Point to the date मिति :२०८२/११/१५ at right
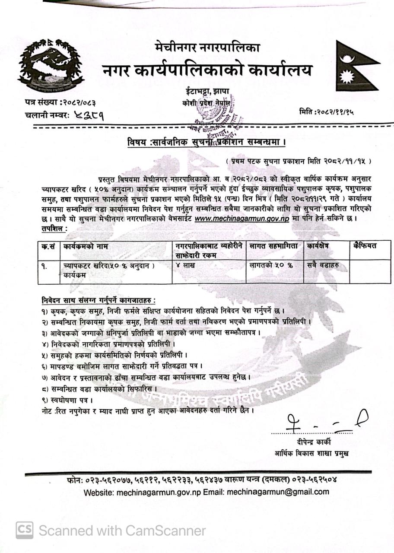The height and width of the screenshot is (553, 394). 326,111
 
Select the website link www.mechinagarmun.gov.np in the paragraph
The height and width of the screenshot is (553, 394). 242,219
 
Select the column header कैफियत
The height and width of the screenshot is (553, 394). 364,246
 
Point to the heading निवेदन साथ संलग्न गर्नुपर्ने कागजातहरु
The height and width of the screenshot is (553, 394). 98,300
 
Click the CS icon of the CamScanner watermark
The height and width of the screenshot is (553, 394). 25,530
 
